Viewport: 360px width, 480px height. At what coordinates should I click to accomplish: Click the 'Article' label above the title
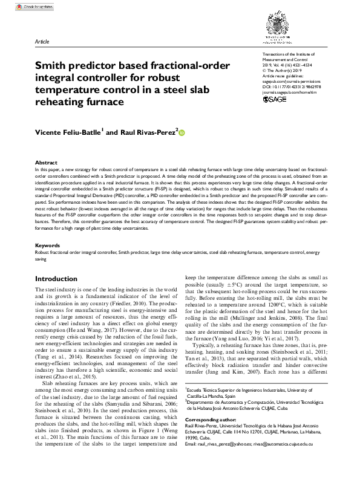[42, 42]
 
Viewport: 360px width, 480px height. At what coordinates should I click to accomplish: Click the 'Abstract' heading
[46, 163]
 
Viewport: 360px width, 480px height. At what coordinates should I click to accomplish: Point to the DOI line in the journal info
[292, 86]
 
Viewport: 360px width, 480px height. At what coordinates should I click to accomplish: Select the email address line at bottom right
[266, 461]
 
